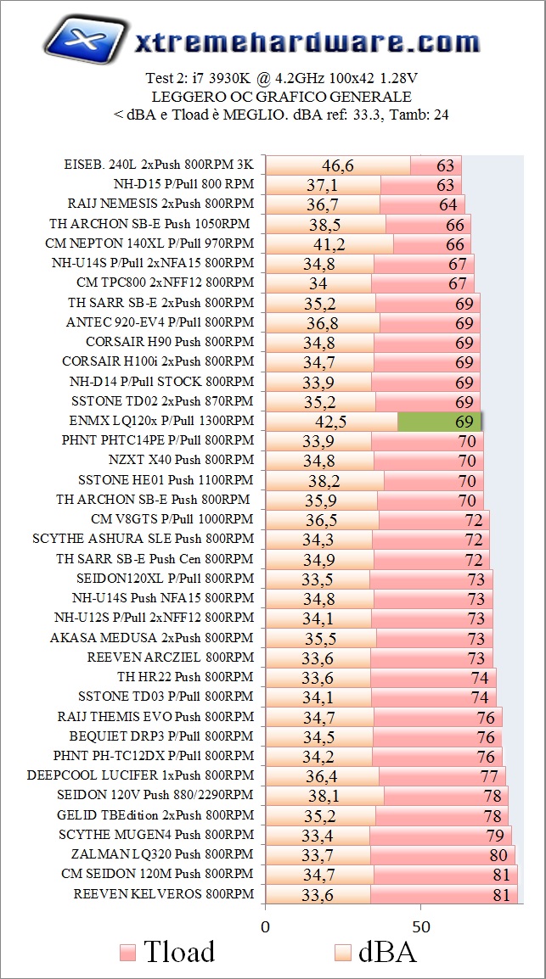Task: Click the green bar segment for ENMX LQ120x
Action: (x=439, y=421)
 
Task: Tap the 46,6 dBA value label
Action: (x=338, y=165)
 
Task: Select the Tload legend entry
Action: (x=166, y=952)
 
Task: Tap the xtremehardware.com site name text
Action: (x=301, y=42)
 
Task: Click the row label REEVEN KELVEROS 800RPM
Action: (x=163, y=893)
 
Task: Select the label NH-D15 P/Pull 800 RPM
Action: (x=183, y=184)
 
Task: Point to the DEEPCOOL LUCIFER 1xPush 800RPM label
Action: (x=140, y=775)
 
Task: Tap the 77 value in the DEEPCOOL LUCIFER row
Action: (x=488, y=775)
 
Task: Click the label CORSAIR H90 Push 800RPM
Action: (x=169, y=342)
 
